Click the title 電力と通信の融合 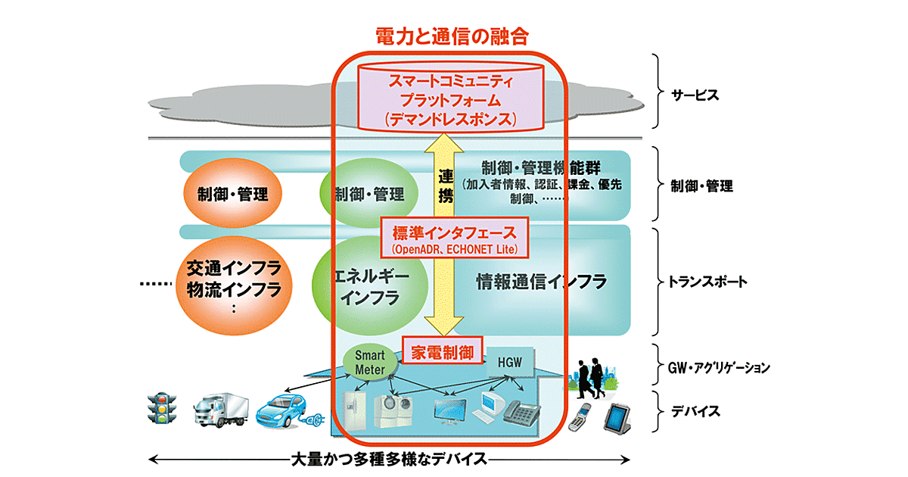[452, 36]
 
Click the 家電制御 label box [442, 352]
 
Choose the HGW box [509, 364]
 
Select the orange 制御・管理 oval [227, 194]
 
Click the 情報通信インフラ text [542, 282]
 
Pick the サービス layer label [694, 96]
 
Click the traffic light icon [161, 409]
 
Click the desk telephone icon [521, 413]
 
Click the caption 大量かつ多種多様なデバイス [389, 459]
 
